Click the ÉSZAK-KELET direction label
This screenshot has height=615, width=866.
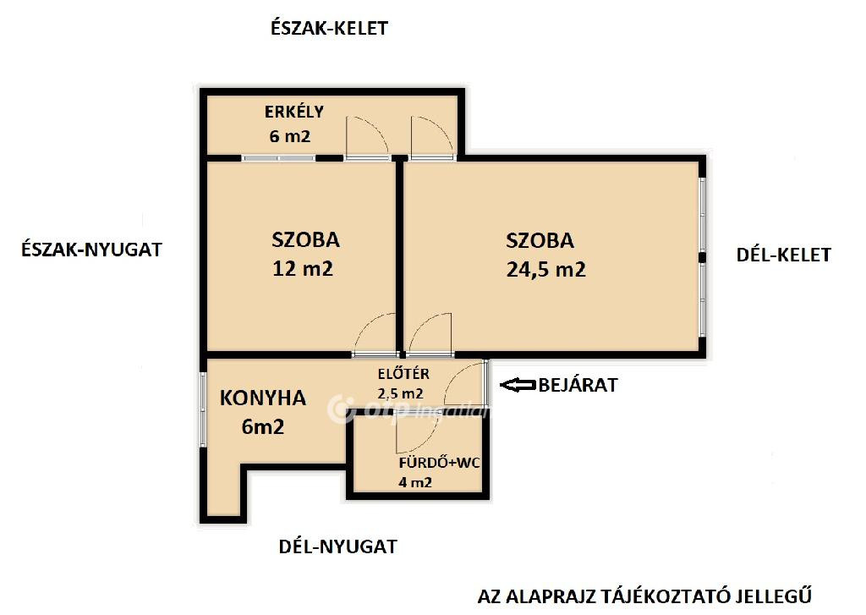329,28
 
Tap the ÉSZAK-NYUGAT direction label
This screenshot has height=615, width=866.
91,250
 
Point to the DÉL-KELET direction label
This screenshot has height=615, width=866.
784,255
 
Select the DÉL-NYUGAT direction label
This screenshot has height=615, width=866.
337,546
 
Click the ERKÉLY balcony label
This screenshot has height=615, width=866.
293,112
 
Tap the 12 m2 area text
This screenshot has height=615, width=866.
303,268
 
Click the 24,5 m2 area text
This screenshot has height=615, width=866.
545,270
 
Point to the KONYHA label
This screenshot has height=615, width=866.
263,398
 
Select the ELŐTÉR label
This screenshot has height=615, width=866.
403,374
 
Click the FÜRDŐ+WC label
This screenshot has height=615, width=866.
440,463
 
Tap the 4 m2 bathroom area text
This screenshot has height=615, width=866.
415,482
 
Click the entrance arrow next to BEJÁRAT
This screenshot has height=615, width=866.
518,385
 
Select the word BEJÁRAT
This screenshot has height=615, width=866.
578,385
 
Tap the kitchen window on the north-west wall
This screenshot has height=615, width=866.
203,409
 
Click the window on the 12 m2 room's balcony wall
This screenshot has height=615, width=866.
278,158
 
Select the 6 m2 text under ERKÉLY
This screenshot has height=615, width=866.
290,136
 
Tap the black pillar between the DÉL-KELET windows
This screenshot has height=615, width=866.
702,257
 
